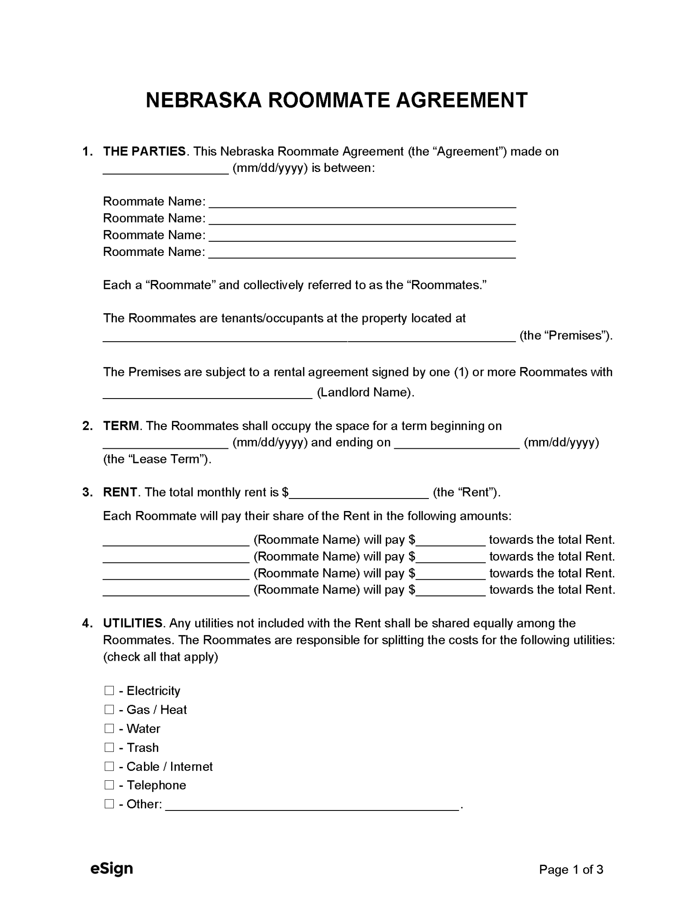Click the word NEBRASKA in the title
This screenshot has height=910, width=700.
tap(204, 100)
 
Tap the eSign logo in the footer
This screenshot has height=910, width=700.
tap(112, 868)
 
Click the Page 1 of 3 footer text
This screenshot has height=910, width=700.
tap(571, 869)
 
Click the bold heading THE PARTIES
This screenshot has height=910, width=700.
tap(144, 152)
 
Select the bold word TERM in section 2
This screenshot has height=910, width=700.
tap(121, 426)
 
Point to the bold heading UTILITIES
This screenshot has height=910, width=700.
tap(132, 623)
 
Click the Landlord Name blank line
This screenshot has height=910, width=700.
tap(208, 392)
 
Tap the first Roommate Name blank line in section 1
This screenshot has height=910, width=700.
tap(362, 202)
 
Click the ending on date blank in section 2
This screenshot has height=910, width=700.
tap(457, 443)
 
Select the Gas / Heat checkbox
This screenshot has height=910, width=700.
tap(109, 709)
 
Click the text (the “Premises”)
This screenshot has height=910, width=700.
tap(566, 335)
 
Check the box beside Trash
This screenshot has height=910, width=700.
tap(109, 747)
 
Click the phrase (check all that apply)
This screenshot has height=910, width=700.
tap(160, 657)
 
